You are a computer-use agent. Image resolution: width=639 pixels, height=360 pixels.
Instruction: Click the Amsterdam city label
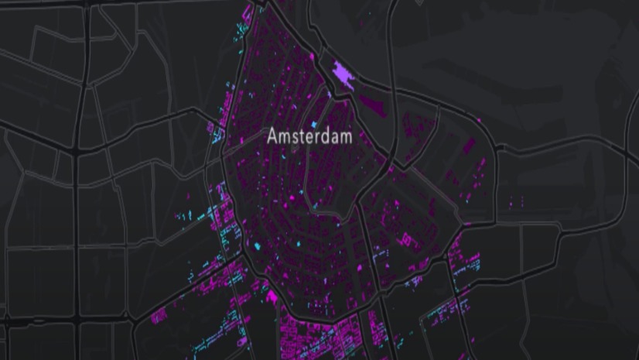309,136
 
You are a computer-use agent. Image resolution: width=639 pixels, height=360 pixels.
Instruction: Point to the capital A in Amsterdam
272,136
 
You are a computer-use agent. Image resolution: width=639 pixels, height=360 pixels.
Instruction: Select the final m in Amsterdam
346,137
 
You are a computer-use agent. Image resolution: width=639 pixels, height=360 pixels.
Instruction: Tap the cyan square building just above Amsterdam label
313,124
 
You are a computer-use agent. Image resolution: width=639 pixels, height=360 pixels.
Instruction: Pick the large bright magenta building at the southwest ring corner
272,295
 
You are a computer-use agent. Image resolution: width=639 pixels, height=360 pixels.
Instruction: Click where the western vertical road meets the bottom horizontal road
77,317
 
